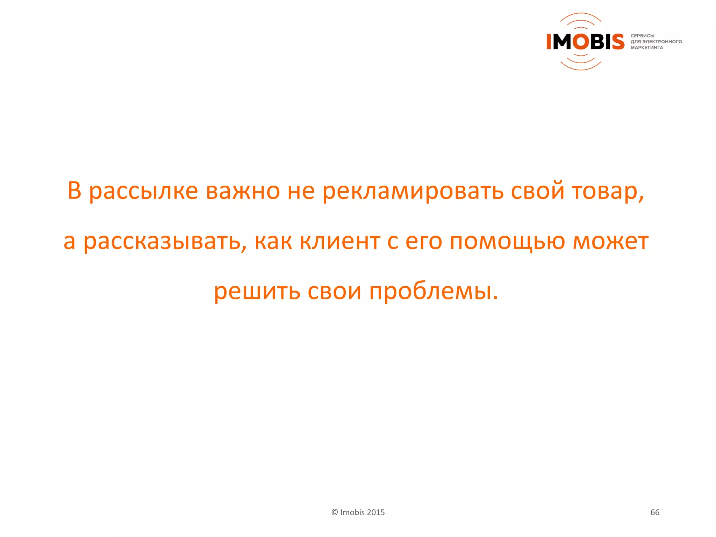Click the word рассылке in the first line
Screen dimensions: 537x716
point(143,192)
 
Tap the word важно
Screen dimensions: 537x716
point(243,192)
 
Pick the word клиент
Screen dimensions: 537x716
point(340,242)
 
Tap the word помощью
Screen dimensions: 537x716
point(507,242)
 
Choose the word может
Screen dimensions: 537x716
point(610,242)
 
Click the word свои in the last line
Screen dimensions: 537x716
point(334,292)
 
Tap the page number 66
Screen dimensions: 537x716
point(655,512)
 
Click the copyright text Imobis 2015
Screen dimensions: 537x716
point(362,512)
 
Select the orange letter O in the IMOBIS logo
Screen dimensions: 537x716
point(581,42)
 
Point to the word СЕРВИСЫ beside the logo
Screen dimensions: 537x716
point(642,36)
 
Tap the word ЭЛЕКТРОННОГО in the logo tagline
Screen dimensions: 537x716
point(662,42)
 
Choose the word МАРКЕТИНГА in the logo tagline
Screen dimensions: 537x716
point(647,48)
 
